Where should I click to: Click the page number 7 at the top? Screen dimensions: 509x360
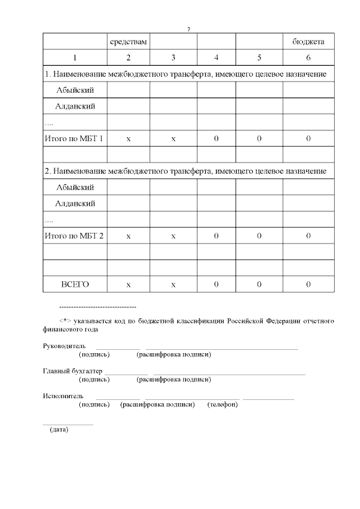(x=189, y=29)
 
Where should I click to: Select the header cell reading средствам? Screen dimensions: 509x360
(x=128, y=42)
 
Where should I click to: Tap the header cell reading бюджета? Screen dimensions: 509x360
(x=308, y=42)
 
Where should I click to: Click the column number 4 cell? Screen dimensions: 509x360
(x=216, y=57)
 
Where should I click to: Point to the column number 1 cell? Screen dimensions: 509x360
(x=75, y=57)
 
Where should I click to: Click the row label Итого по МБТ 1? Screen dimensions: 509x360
(x=75, y=138)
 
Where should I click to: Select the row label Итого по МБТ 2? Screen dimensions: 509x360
(x=75, y=236)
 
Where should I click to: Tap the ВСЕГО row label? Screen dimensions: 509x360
(x=75, y=285)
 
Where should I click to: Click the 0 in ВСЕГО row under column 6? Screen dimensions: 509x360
(x=308, y=285)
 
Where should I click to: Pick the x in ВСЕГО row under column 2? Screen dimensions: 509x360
(x=128, y=285)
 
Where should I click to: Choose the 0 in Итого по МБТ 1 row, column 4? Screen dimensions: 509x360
(x=216, y=138)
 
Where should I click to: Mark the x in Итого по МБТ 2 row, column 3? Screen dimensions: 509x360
(x=173, y=236)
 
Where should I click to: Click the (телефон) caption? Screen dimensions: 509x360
(x=223, y=404)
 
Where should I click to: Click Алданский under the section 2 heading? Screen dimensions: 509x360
(x=75, y=203)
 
